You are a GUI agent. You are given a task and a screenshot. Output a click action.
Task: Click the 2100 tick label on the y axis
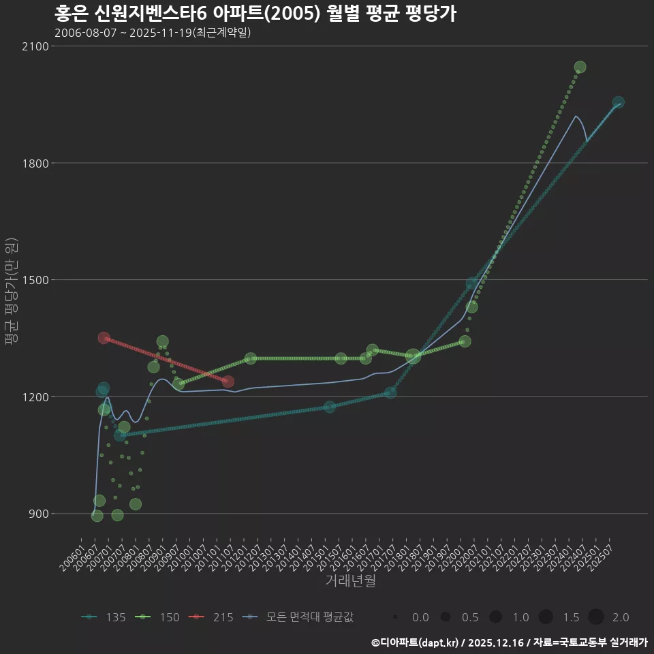[x=34, y=46]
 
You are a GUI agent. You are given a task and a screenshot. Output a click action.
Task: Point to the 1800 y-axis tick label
[x=34, y=163]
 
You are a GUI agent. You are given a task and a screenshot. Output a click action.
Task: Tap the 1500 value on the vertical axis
[x=34, y=280]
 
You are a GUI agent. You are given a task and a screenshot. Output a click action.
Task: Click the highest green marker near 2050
[x=580, y=67]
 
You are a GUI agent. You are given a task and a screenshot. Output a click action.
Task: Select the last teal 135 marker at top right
[x=618, y=102]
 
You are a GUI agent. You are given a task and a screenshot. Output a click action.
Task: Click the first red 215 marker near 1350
[x=104, y=338]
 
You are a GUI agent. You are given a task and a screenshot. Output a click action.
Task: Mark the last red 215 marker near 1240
[x=228, y=381]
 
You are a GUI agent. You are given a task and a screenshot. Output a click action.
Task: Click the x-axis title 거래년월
[x=350, y=581]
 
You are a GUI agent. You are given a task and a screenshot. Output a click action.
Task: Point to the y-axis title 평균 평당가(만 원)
[x=11, y=293]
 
